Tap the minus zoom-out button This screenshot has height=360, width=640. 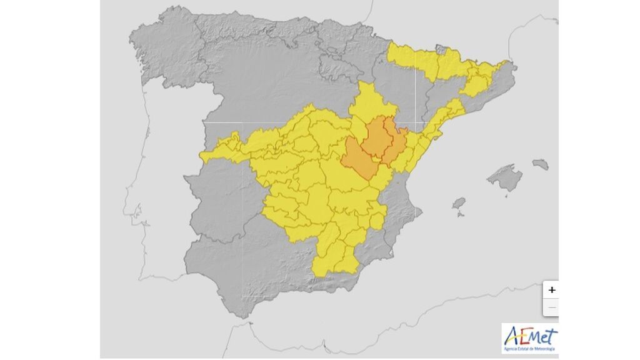pos(551,307)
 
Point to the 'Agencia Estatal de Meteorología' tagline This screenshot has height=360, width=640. pos(531,348)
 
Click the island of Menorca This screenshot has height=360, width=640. pos(540,164)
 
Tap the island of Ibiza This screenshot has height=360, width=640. pos(459,203)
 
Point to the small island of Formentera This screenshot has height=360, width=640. pos(461,215)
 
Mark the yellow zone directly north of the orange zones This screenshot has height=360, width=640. pos(369,103)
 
